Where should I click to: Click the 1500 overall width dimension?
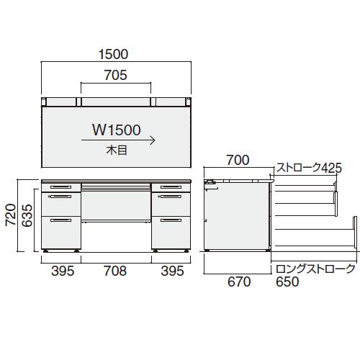pyautogui.click(x=113, y=55)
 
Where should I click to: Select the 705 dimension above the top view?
pyautogui.click(x=115, y=75)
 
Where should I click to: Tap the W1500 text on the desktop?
pyautogui.click(x=117, y=130)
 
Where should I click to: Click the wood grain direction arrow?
pyautogui.click(x=118, y=140)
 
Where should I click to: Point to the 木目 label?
pyautogui.click(x=117, y=150)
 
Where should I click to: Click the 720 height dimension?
pyautogui.click(x=11, y=215)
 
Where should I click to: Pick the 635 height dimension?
pyautogui.click(x=27, y=215)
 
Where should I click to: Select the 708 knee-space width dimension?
pyautogui.click(x=115, y=271)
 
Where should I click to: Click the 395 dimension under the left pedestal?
pyautogui.click(x=63, y=271)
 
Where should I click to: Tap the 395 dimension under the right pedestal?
pyautogui.click(x=172, y=271)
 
